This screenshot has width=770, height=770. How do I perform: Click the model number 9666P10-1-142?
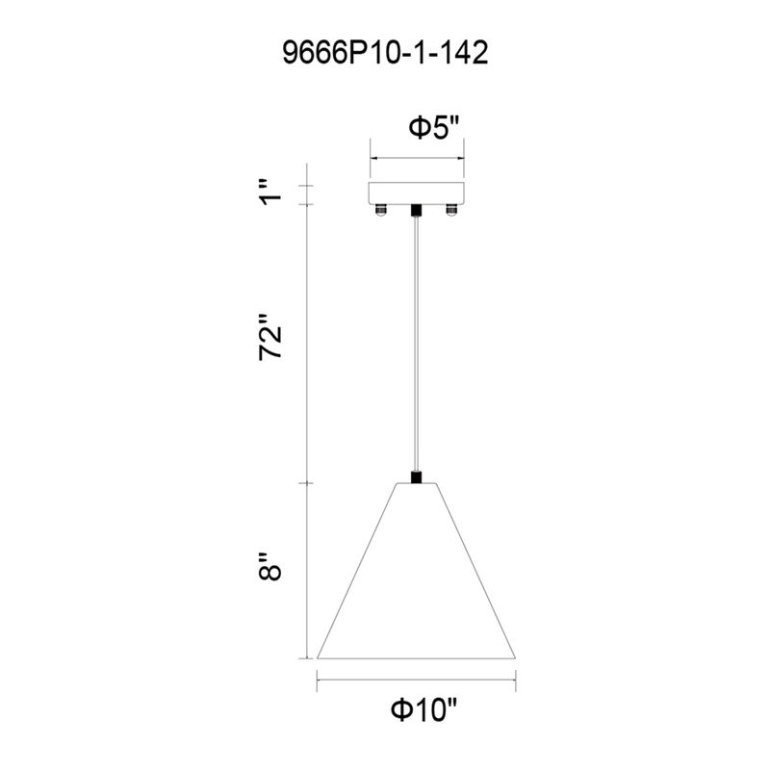pyautogui.click(x=385, y=53)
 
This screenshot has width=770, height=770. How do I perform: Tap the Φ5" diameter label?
pyautogui.click(x=434, y=127)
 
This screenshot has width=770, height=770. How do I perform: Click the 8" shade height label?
pyautogui.click(x=270, y=566)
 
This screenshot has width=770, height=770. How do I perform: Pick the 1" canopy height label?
pyautogui.click(x=270, y=192)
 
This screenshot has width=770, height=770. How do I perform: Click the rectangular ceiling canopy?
pyautogui.click(x=417, y=193)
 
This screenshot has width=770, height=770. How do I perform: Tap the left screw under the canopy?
pyautogui.click(x=380, y=210)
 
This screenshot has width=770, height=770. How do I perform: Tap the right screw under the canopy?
pyautogui.click(x=451, y=210)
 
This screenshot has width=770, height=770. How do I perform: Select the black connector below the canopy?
pyautogui.click(x=417, y=210)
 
